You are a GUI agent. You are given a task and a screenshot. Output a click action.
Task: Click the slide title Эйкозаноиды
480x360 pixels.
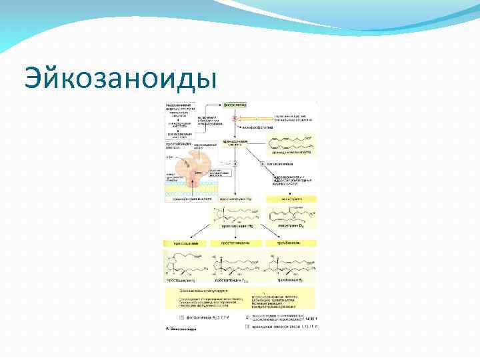click(120, 79)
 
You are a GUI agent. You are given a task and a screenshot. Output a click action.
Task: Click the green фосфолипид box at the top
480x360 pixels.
click(235, 105)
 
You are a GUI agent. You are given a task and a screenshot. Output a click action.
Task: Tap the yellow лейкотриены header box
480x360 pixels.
click(291, 199)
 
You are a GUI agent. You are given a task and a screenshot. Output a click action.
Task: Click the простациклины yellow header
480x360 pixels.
click(184, 243)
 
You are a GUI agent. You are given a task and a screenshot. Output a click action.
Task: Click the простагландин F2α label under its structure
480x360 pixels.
click(233, 283)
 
